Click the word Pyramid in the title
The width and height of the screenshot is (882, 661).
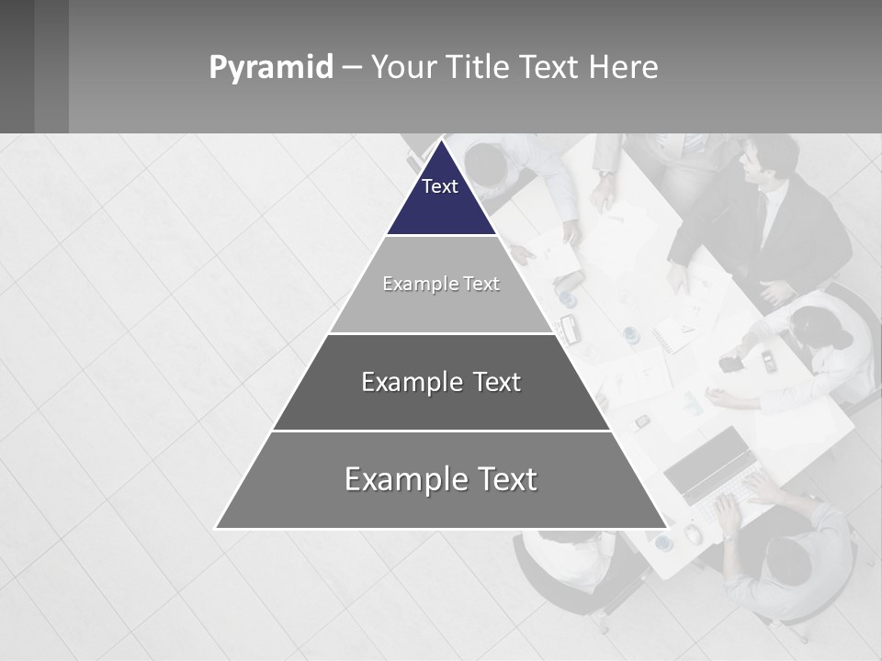(x=271, y=68)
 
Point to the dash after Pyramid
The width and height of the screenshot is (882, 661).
(x=352, y=68)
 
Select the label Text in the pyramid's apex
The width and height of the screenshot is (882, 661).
(x=440, y=186)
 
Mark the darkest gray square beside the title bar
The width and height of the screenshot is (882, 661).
(x=17, y=66)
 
